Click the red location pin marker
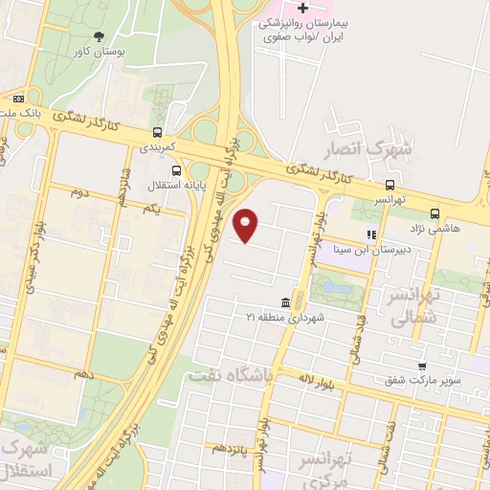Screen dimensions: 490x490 tap(247, 226)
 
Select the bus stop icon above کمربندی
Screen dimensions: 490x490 tap(157, 133)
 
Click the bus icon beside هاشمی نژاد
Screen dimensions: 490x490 tap(435, 213)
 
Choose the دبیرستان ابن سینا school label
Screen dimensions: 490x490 tap(365, 250)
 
